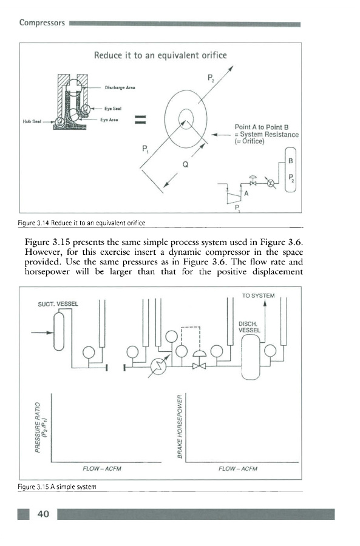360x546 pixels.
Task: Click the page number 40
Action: tap(43, 514)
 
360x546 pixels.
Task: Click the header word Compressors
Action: tap(42, 23)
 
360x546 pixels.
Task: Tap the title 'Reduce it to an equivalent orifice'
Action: tap(160, 55)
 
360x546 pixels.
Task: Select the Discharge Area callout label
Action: tap(120, 88)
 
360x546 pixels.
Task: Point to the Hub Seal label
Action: tap(32, 121)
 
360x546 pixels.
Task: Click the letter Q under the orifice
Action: tap(185, 164)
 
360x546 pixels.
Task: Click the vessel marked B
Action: tap(291, 170)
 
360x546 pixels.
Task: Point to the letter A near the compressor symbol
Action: tap(246, 194)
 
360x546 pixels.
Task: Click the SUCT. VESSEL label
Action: tap(58, 304)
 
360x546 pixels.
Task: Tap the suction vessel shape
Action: tap(59, 331)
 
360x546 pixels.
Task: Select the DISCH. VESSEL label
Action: tap(249, 326)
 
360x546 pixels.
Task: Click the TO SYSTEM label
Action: tap(258, 295)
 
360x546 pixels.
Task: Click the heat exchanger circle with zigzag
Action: tap(158, 366)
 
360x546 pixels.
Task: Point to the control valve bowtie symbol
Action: tap(199, 366)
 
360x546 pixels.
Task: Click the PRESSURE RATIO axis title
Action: tap(41, 427)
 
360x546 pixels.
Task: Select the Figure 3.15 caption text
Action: tap(57, 487)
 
